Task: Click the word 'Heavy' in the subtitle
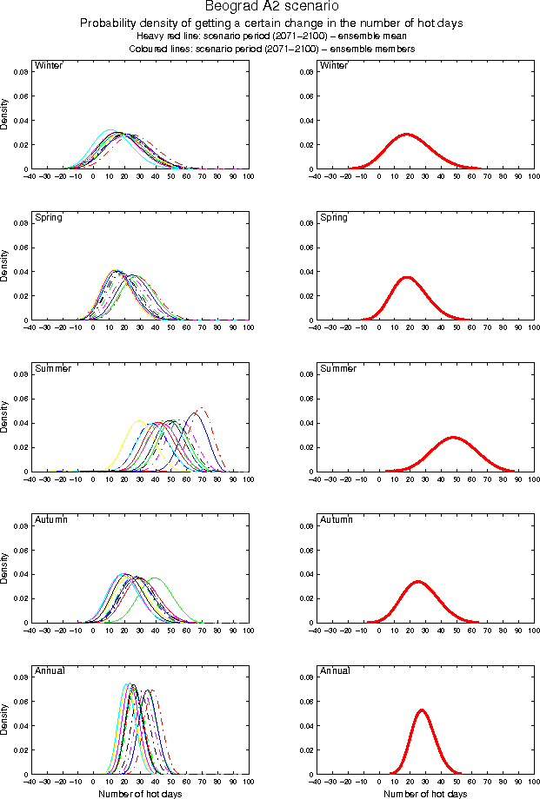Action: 150,36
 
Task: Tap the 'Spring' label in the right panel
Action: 334,217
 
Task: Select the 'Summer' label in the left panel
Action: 51,368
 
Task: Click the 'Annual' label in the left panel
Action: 49,670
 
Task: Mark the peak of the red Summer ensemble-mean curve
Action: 452,437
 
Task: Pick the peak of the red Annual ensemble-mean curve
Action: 422,710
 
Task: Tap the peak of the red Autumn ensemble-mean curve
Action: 418,581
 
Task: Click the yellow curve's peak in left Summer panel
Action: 138,420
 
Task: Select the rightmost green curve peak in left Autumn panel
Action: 156,578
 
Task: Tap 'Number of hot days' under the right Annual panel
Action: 426,794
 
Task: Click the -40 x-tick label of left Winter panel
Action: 30,177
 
